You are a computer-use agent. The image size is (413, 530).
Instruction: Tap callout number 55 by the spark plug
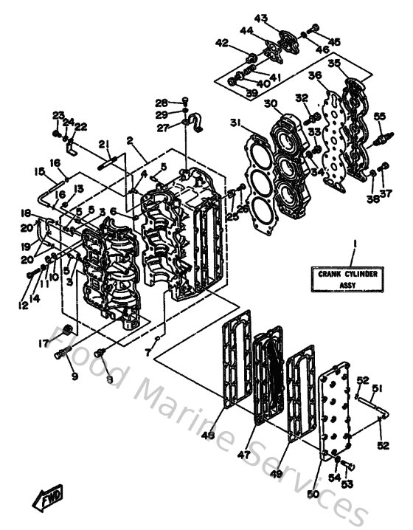pyautogui.click(x=379, y=115)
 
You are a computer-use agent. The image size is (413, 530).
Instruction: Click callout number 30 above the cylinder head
pyautogui.click(x=271, y=103)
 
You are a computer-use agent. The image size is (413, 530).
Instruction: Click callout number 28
pyautogui.click(x=162, y=102)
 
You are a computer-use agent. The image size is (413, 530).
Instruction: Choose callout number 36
pyautogui.click(x=315, y=76)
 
